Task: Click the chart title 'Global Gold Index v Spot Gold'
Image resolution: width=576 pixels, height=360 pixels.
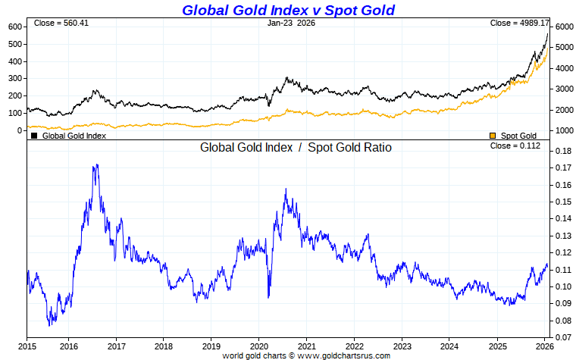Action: coord(288,10)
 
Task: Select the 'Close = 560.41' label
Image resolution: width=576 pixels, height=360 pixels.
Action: coord(61,23)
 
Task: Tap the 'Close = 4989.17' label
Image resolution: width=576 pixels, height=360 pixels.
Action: coord(519,23)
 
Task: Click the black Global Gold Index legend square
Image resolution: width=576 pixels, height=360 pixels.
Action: coord(34,136)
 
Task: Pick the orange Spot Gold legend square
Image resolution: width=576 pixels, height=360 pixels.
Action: coord(493,136)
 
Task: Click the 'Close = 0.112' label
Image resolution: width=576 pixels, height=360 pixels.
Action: coord(515,146)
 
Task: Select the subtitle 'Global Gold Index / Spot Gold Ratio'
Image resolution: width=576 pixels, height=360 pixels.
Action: coord(296,148)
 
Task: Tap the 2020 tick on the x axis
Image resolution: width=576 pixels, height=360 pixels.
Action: coord(258,346)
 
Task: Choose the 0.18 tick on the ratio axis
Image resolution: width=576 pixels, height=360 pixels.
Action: coord(562,152)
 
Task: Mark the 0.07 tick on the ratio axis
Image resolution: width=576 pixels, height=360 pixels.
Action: coord(562,337)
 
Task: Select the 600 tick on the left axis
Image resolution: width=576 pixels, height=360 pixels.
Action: coord(14,27)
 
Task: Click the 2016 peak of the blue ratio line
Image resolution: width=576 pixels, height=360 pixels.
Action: coord(95,164)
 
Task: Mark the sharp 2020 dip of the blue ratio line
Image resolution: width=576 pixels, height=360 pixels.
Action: coord(268,297)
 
